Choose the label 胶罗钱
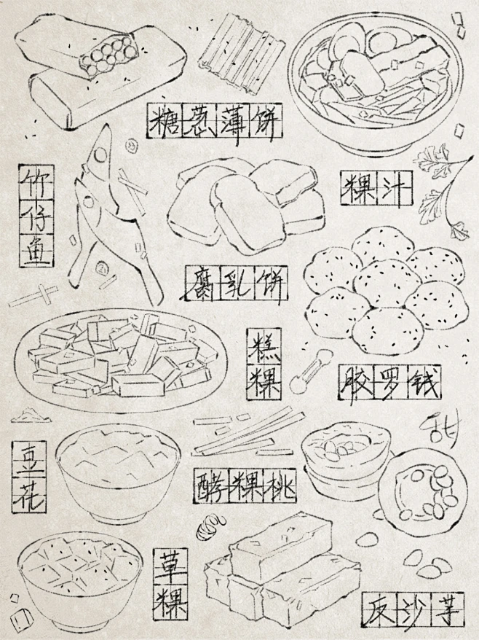(389, 382)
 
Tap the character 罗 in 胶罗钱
(389, 382)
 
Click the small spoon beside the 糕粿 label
(309, 372)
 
